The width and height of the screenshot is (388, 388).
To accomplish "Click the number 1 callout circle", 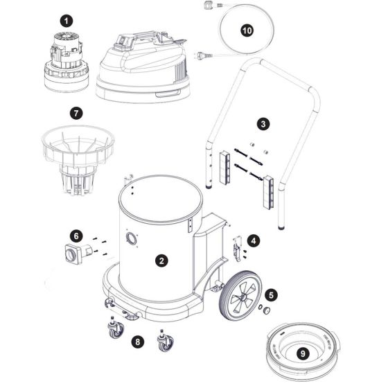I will [66, 21].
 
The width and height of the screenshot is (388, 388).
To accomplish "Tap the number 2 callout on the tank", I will [161, 261].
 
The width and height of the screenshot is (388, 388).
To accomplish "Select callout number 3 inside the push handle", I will [263, 124].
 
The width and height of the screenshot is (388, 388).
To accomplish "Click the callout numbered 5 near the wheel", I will [272, 294].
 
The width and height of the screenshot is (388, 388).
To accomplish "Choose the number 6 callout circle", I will [76, 236].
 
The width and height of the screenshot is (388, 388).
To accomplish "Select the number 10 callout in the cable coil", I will [247, 30].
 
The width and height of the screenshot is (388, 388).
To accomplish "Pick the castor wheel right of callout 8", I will [165, 341].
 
